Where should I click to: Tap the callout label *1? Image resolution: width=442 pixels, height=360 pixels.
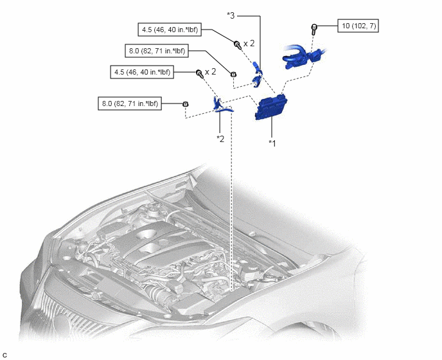pyautogui.click(x=272, y=143)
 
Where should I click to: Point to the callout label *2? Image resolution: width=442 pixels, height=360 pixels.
pyautogui.click(x=220, y=138)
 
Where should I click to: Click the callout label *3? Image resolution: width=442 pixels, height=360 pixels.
pyautogui.click(x=231, y=15)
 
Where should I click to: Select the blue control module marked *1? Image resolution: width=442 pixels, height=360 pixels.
pyautogui.click(x=270, y=107)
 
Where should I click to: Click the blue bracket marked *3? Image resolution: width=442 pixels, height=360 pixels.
pyautogui.click(x=258, y=74)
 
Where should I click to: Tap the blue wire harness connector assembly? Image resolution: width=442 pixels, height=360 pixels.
pyautogui.click(x=303, y=57)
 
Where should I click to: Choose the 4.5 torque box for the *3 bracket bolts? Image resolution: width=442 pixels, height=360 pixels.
pyautogui.click(x=170, y=30)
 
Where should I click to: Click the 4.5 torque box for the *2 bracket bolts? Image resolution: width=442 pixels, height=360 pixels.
pyautogui.click(x=142, y=72)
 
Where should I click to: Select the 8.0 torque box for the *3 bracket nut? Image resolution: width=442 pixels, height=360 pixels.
pyautogui.click(x=157, y=51)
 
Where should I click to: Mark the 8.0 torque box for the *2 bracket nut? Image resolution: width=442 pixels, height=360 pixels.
pyautogui.click(x=130, y=104)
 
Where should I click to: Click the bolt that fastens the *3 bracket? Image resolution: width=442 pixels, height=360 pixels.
pyautogui.click(x=237, y=44)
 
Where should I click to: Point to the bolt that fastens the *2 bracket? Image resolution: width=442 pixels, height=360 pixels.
pyautogui.click(x=200, y=74)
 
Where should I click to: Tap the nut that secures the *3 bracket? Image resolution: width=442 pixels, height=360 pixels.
pyautogui.click(x=233, y=75)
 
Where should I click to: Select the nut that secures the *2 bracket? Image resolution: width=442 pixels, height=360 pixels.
pyautogui.click(x=185, y=104)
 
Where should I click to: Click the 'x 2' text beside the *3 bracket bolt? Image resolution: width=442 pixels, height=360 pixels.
pyautogui.click(x=249, y=44)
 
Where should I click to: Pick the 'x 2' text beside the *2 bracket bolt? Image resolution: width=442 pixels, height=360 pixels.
pyautogui.click(x=211, y=72)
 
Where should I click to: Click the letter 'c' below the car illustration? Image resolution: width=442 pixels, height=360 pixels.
pyautogui.click(x=4, y=355)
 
